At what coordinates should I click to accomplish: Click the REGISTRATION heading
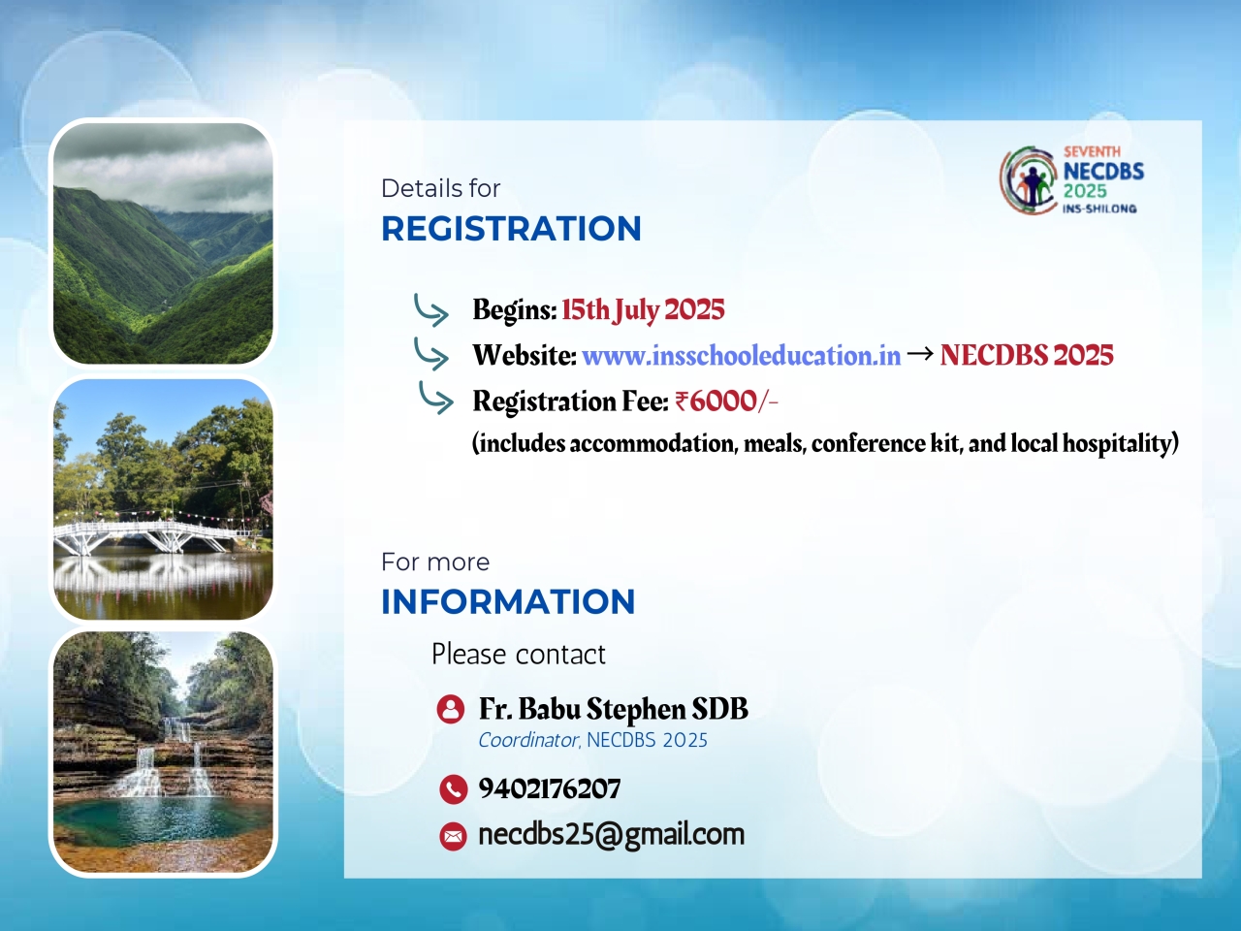coord(511,228)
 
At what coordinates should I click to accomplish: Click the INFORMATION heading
coord(508,601)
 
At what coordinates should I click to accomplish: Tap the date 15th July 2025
coord(643,309)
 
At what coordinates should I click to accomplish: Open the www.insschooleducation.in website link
coord(742,356)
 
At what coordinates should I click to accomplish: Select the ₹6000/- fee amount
coord(726,401)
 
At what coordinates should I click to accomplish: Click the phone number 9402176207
coord(550,788)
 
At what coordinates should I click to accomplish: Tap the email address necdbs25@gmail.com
coord(611,835)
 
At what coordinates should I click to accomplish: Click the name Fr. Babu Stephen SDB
coord(614,709)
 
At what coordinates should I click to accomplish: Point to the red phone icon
coord(454,789)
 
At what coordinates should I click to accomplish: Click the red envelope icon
coord(454,837)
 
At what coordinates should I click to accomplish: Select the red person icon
coord(451,709)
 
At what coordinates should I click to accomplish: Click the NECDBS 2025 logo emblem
coord(1029,180)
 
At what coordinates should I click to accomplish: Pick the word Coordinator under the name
coord(528,740)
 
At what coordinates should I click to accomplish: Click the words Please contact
coord(519,655)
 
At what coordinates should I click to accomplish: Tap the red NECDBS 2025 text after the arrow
coord(1027,356)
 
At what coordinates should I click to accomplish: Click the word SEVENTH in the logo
coord(1092,152)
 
